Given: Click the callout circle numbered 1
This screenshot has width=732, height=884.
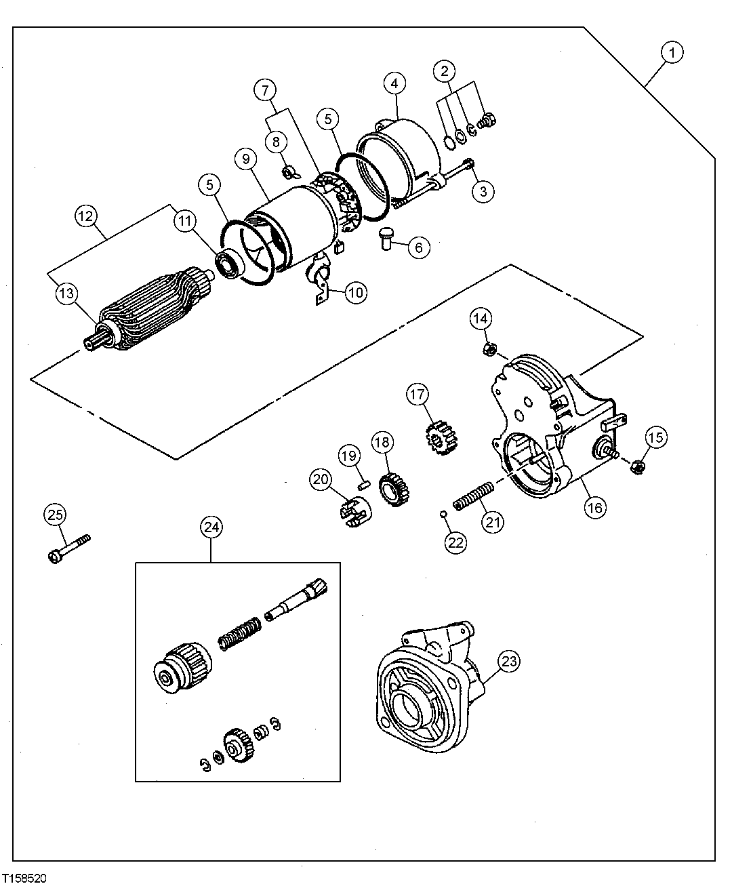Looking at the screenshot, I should point(672,53).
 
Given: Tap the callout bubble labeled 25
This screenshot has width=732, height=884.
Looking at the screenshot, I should point(56,515).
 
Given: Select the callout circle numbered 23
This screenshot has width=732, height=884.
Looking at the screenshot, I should point(510,660).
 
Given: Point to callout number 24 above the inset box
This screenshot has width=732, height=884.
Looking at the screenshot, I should point(211,527).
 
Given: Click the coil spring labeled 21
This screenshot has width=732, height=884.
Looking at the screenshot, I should point(473,496).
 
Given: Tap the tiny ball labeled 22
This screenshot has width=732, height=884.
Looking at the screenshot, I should point(441,513).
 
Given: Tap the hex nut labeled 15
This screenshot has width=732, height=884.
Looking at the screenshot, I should point(637,466).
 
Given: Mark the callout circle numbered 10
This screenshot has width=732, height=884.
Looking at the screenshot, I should point(356,292).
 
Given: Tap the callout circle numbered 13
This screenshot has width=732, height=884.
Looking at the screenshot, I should point(67,294).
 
